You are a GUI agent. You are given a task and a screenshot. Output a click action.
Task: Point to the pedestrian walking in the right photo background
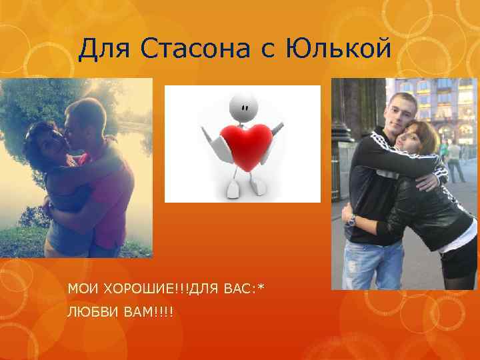455,160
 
